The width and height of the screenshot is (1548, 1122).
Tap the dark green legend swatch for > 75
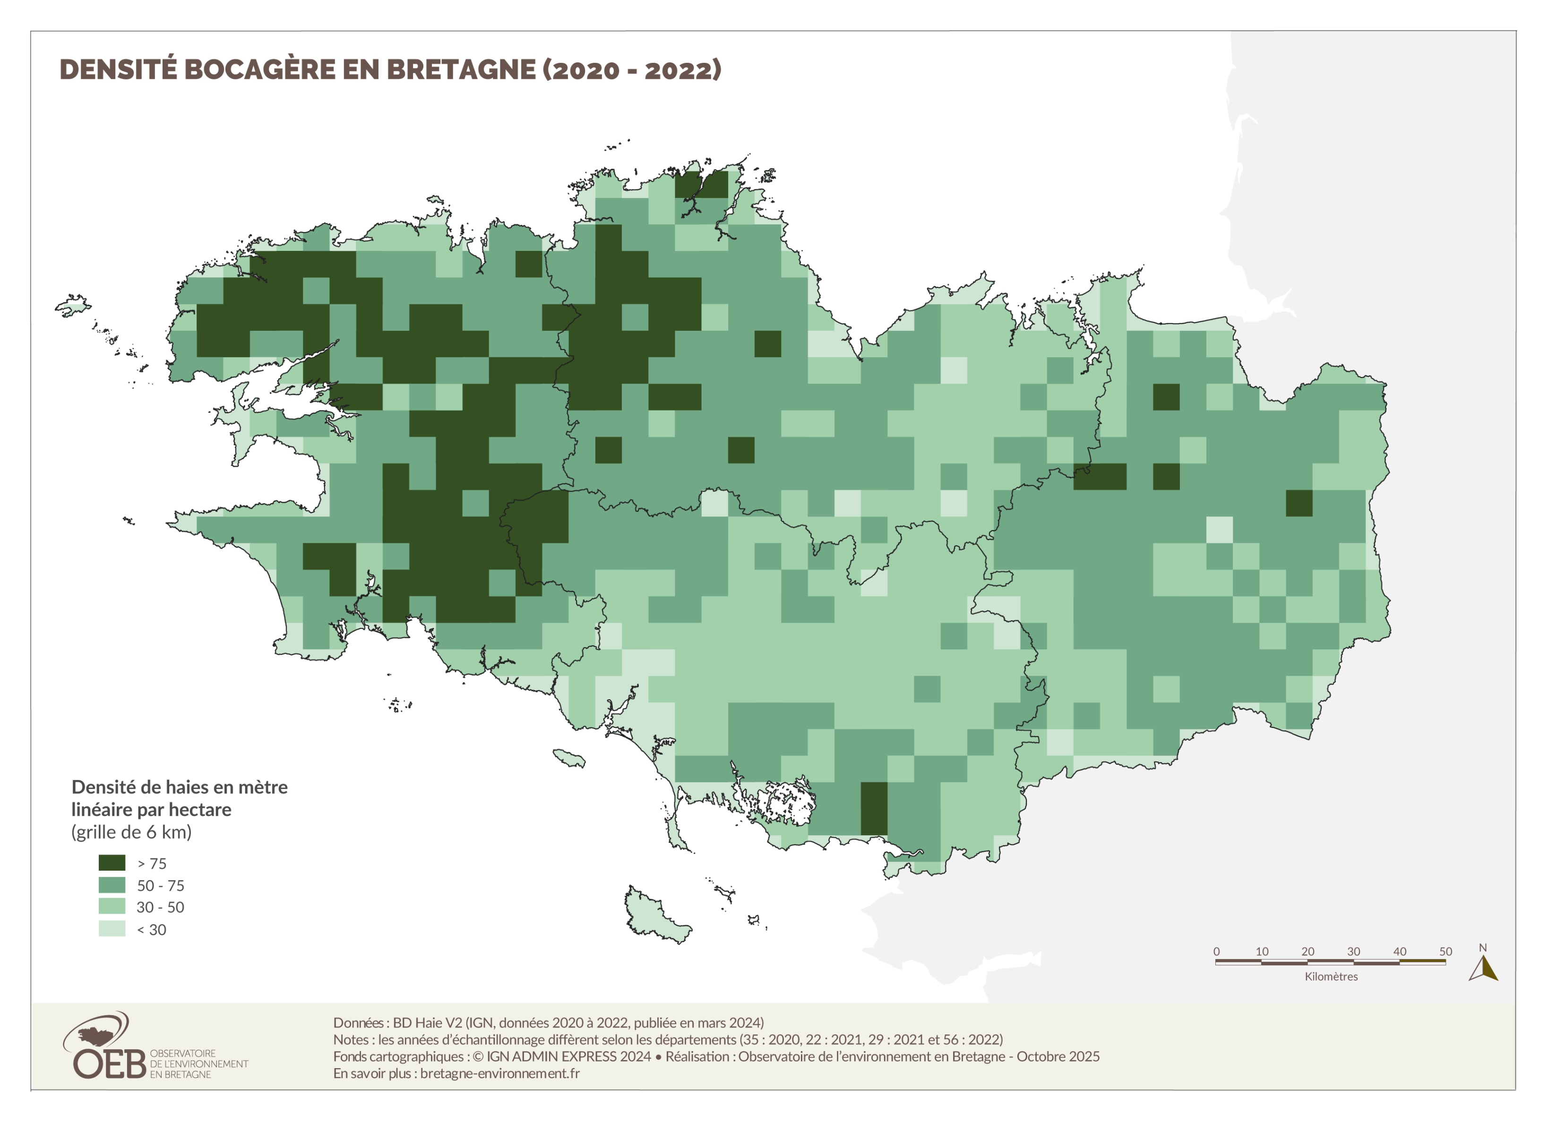112,863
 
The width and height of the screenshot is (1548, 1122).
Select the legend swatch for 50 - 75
112,885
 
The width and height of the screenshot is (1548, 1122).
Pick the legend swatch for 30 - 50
112,907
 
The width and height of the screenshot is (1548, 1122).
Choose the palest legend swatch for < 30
112,929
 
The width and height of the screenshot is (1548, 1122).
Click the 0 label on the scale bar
1216,951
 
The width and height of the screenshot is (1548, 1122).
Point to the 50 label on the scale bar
1445,951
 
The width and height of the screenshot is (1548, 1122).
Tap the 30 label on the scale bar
1353,951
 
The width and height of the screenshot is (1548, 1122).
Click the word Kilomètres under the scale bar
1331,976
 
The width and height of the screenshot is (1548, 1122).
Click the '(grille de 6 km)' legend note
131,832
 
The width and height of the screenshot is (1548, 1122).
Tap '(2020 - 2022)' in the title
632,69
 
